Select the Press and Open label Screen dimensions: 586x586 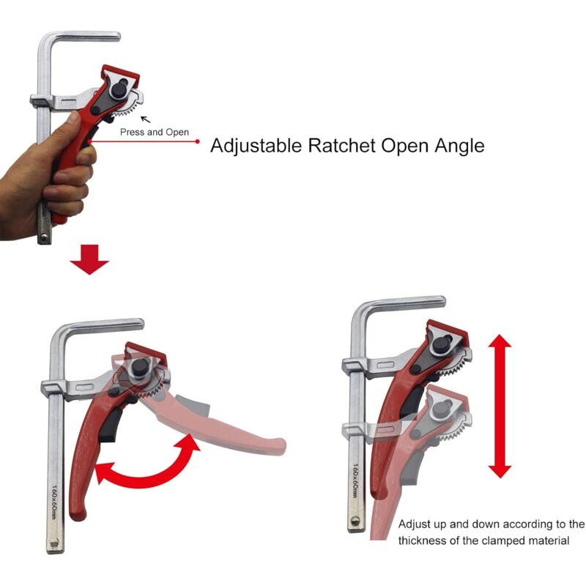[155, 133]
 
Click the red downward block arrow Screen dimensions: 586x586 [90, 260]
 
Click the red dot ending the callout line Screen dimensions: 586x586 [198, 141]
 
